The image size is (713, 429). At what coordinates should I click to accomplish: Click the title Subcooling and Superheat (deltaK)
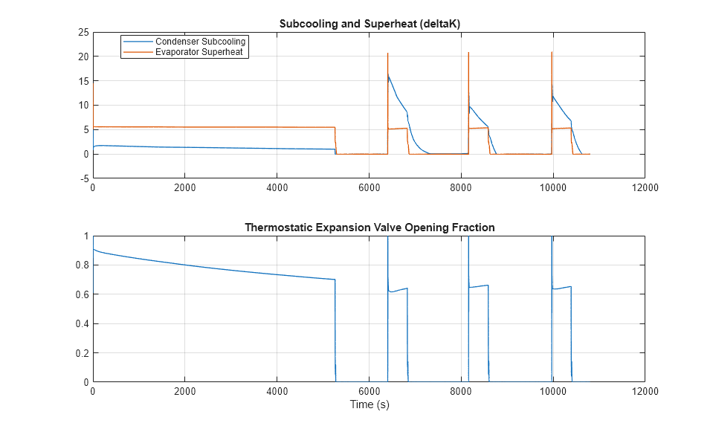370,23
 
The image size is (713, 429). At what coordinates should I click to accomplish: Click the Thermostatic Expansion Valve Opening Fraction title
370,227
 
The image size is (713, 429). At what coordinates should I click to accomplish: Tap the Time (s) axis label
370,405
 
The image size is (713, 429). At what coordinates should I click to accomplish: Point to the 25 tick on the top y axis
84,33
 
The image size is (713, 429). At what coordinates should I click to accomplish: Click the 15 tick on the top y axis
84,81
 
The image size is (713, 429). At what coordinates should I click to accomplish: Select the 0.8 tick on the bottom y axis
82,265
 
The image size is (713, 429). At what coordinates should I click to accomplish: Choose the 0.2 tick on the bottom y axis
82,353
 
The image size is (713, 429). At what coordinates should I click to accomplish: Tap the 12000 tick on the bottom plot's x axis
644,391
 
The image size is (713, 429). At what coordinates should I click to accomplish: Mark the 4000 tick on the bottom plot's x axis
277,391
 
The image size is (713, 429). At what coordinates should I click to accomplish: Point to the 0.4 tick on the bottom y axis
82,324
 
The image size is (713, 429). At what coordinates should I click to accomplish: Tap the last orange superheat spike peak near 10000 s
552,52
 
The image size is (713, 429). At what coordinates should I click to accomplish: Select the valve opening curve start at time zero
93,250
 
